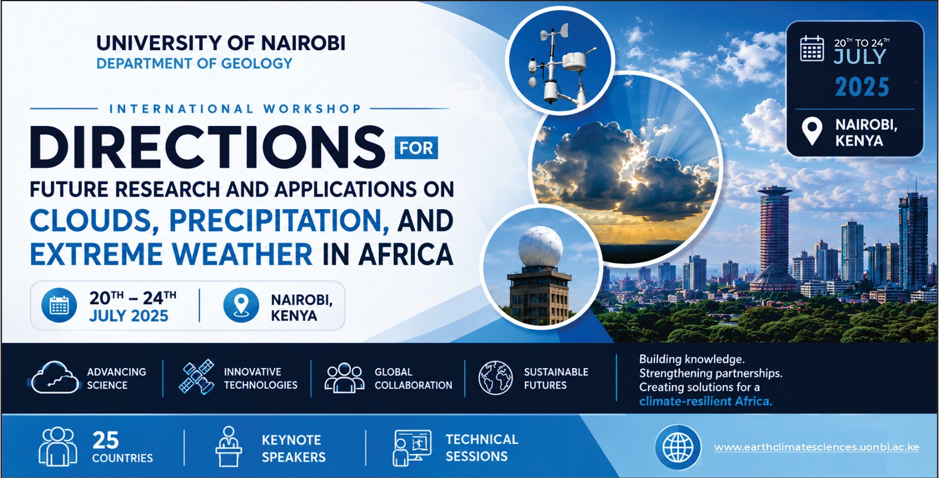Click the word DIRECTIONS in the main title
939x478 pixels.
pos(207,148)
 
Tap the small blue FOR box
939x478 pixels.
pos(416,148)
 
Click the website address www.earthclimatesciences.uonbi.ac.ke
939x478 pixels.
pos(816,447)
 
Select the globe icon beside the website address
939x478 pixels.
pos(678,447)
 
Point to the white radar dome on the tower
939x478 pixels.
pos(540,247)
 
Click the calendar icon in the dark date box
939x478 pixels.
pos(812,48)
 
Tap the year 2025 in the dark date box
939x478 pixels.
pos(862,87)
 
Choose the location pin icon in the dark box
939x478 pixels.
pos(812,131)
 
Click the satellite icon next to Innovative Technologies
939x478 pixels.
pos(196,376)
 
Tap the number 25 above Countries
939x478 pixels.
pos(106,440)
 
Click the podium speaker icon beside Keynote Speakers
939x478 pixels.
pos(228,446)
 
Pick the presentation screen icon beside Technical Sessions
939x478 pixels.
pos(412,448)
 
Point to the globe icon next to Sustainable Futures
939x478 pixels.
pos(496,378)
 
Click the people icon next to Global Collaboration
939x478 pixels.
pos(344,378)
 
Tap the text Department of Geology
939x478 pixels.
pos(194,63)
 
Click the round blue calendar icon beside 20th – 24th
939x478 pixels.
pos(59,305)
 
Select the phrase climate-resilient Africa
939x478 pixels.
pos(705,402)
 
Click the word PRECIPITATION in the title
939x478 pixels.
pos(279,220)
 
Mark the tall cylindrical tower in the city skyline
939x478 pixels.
pos(774,235)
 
